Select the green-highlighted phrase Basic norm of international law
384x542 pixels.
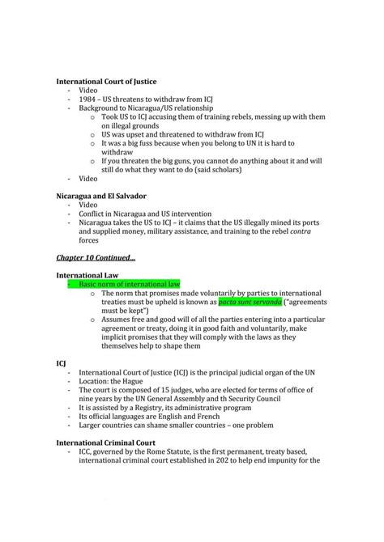click(129, 284)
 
